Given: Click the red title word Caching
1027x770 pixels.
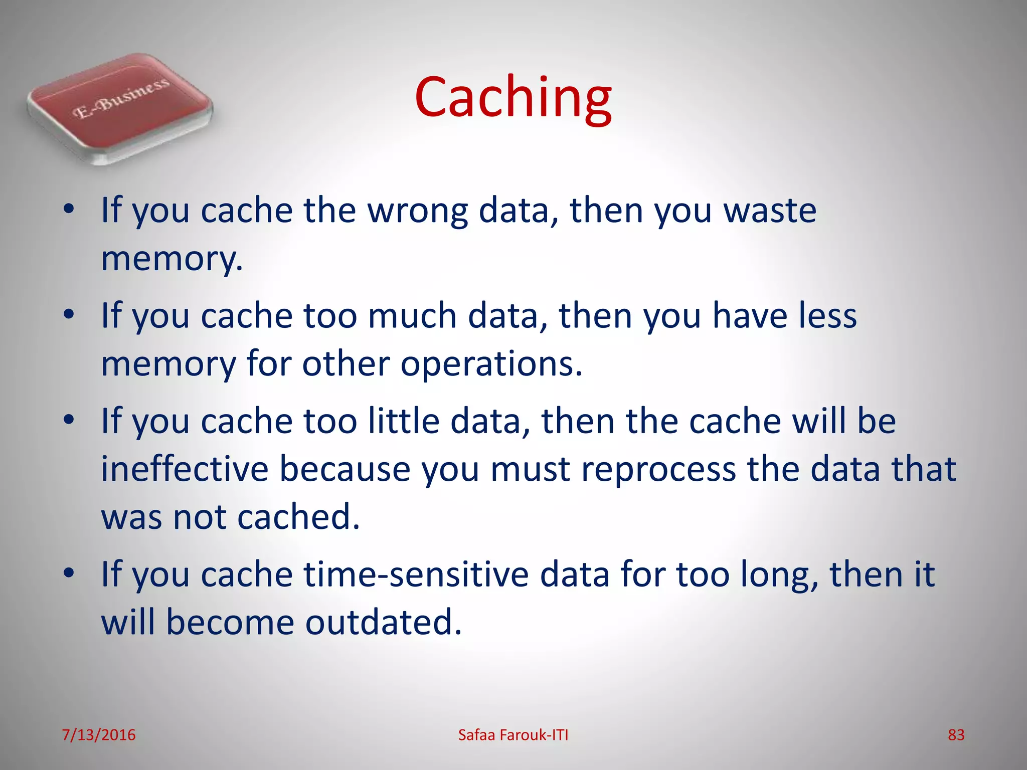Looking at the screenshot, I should (x=513, y=98).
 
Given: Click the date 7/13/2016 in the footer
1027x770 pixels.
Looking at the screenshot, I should (x=98, y=735).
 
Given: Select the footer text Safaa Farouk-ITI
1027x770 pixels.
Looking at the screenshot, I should (x=513, y=735).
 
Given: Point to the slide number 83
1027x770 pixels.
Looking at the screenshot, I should (x=956, y=735).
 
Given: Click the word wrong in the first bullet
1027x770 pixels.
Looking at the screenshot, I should (x=417, y=211).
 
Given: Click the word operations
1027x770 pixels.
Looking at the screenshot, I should (x=491, y=364).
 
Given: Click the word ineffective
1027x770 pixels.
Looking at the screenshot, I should (x=185, y=469).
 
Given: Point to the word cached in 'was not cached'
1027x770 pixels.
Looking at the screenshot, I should (x=299, y=517).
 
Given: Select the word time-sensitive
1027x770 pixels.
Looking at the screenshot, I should (x=416, y=574).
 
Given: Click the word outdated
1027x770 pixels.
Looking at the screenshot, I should (x=383, y=622).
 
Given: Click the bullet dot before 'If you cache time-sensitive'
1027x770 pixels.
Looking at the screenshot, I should (x=69, y=572).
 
